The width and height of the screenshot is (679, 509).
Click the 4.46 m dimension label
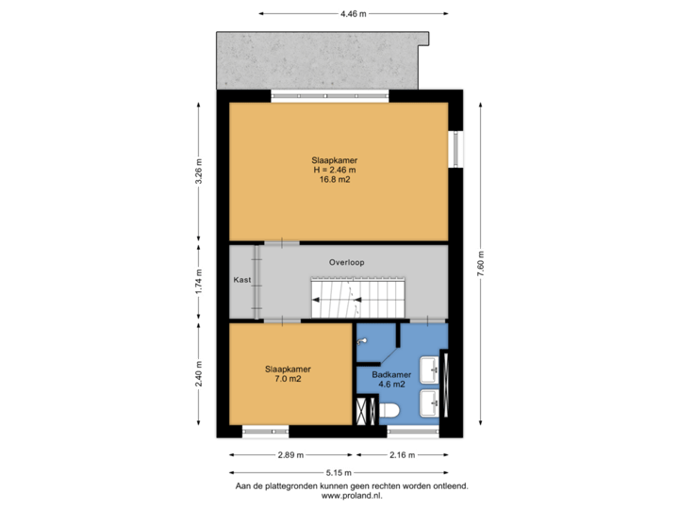pyautogui.click(x=353, y=14)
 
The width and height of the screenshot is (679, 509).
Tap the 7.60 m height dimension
pyautogui.click(x=481, y=264)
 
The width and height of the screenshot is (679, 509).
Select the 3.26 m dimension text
pyautogui.click(x=198, y=172)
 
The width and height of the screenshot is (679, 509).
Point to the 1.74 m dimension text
pyautogui.click(x=198, y=282)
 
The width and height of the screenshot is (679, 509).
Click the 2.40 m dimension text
pyautogui.click(x=198, y=373)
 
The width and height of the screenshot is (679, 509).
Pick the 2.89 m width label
pyautogui.click(x=290, y=455)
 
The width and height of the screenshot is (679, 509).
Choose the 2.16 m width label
pyautogui.click(x=403, y=455)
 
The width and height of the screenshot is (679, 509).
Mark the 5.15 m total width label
pyautogui.click(x=339, y=472)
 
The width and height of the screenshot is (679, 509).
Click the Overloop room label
pyautogui.click(x=346, y=262)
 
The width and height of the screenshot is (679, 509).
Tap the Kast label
pyautogui.click(x=242, y=280)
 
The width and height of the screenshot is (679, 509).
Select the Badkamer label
pyautogui.click(x=391, y=375)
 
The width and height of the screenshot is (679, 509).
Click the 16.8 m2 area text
pyautogui.click(x=335, y=180)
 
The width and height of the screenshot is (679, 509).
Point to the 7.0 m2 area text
pyautogui.click(x=288, y=379)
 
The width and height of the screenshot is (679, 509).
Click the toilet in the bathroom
pyautogui.click(x=389, y=410)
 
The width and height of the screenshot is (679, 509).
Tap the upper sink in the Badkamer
pyautogui.click(x=430, y=370)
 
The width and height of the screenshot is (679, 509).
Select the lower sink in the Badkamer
pyautogui.click(x=430, y=403)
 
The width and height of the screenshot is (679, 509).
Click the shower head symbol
pyautogui.click(x=361, y=342)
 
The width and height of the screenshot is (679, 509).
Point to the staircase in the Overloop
pyautogui.click(x=358, y=298)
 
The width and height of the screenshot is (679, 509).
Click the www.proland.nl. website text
pyautogui.click(x=352, y=496)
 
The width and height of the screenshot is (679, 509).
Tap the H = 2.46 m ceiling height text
pyautogui.click(x=335, y=170)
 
